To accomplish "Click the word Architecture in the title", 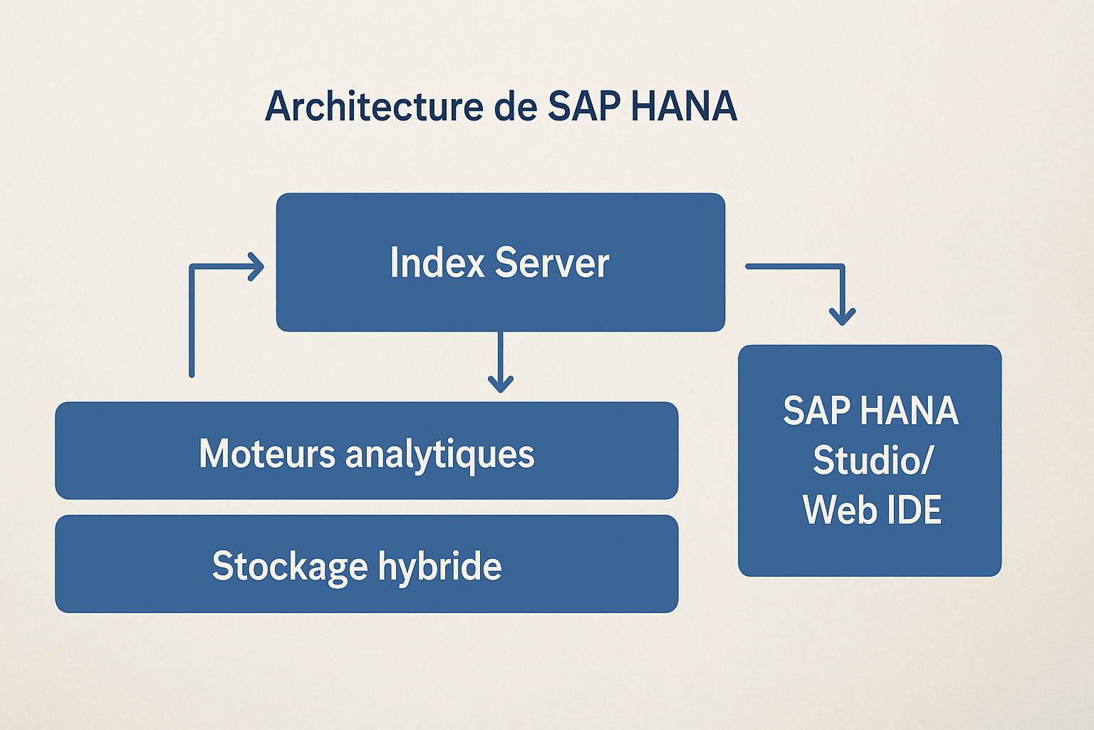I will tap(374, 107).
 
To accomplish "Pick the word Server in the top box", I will tap(552, 262).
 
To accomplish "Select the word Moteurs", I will tap(267, 453).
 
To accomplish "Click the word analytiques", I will tap(439, 455).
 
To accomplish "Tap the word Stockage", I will tap(290, 566).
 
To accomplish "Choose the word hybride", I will tap(439, 566).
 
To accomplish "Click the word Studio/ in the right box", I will tap(872, 460).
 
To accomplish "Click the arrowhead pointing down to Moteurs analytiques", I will tap(501, 386).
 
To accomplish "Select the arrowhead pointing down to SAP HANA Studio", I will tap(843, 317).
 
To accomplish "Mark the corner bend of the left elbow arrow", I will tap(192, 267).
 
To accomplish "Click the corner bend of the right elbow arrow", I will tap(842, 267).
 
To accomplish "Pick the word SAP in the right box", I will tap(816, 411).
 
